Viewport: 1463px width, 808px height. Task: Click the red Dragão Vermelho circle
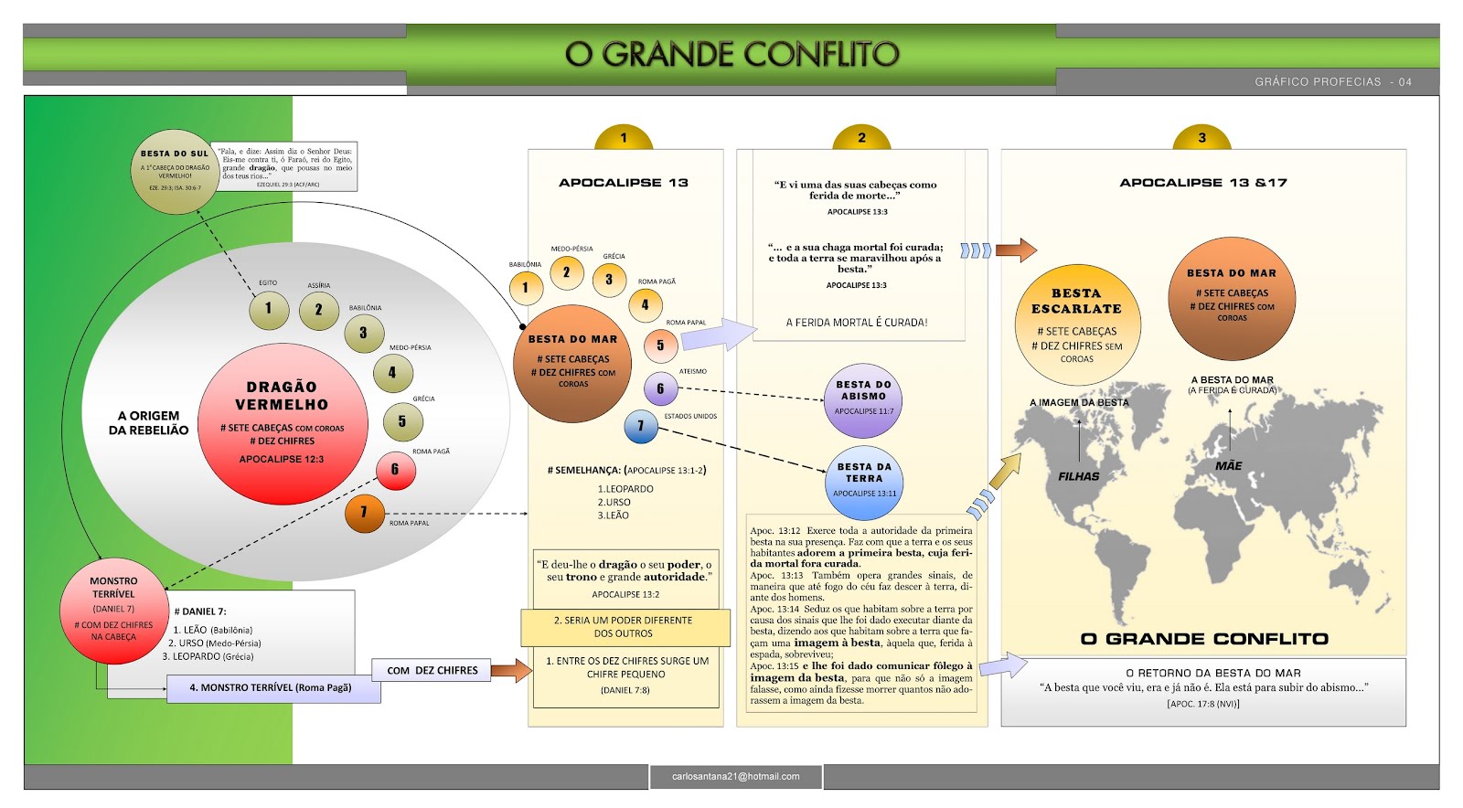283,424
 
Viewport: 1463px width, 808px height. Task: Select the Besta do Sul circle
175,171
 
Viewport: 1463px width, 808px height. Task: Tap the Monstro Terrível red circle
113,609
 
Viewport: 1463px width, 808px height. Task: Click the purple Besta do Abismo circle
863,399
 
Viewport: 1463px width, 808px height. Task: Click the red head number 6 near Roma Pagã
395,470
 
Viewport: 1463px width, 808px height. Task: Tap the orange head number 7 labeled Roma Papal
364,513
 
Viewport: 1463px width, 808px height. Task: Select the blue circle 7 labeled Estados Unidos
641,426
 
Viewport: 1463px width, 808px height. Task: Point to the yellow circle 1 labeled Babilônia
525,288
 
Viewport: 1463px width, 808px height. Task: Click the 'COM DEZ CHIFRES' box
432,670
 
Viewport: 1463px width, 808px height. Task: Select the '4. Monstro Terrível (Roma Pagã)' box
272,688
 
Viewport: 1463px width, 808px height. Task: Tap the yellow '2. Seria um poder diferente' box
625,627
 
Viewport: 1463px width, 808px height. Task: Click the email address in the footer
735,777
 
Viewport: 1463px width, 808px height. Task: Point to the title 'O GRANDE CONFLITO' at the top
731,54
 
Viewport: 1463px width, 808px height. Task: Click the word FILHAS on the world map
1079,476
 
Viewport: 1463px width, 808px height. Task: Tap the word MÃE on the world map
1228,466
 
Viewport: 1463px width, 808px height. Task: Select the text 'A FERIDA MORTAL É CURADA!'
857,323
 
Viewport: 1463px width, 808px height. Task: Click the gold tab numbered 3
1201,138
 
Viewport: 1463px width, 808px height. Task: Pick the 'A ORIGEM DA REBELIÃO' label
148,423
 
